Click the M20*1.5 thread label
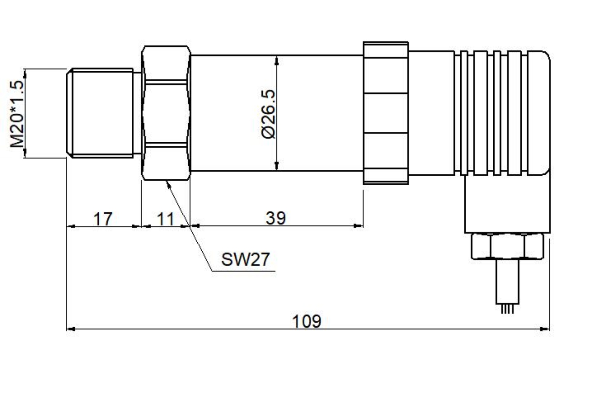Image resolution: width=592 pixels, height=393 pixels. click(17, 114)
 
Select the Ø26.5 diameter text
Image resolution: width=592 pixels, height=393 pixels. click(268, 114)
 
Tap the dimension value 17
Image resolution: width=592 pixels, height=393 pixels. click(103, 219)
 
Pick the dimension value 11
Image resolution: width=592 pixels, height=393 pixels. click(166, 219)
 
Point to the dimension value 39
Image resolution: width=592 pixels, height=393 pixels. click(276, 218)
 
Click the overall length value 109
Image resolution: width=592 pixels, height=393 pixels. click(306, 321)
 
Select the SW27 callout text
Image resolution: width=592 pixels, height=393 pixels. click(245, 259)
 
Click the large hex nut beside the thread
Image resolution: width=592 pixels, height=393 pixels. click(166, 113)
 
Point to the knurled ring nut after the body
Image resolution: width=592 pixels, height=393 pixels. click(386, 113)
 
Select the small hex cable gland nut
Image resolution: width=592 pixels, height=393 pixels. click(507, 246)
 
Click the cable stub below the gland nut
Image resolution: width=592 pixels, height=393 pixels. click(507, 282)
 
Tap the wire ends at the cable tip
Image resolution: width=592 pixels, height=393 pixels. click(507, 309)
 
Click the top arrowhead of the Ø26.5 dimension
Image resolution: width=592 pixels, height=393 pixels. click(277, 60)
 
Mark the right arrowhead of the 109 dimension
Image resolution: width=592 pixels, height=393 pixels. click(545, 329)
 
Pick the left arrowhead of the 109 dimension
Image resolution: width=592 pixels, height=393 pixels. click(71, 329)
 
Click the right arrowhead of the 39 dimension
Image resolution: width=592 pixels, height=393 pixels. click(359, 226)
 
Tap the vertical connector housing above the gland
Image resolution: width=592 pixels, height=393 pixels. click(507, 204)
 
